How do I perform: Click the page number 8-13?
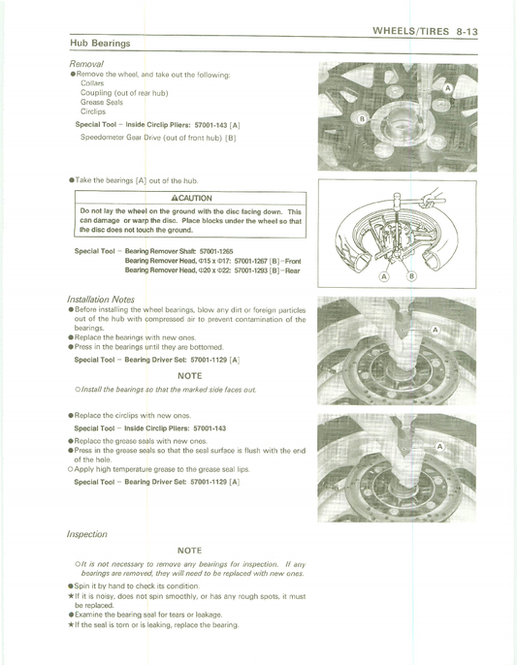click(468, 31)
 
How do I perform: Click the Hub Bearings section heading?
click(100, 44)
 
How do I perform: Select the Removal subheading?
click(86, 64)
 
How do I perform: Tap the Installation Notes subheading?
click(101, 300)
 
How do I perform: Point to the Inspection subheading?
click(87, 534)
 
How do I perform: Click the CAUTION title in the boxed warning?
click(191, 198)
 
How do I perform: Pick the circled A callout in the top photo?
click(448, 88)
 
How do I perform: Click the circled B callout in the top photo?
click(362, 119)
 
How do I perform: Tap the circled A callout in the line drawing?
click(384, 276)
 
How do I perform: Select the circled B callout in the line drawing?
click(411, 276)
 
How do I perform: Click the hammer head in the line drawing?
click(398, 199)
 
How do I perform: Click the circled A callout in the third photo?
click(436, 330)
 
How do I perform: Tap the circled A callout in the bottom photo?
click(439, 446)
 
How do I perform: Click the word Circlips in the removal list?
click(93, 111)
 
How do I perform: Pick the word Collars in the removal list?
click(92, 83)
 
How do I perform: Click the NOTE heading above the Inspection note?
click(189, 551)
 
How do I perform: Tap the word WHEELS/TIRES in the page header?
click(410, 31)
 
